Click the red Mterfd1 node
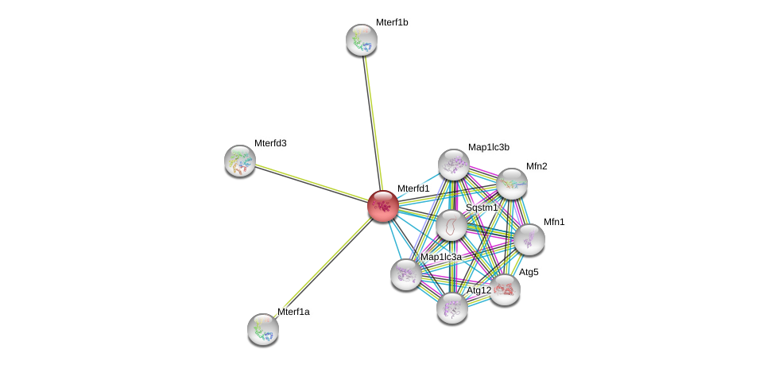[382, 206]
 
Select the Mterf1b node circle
[362, 40]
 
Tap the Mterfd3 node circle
[239, 161]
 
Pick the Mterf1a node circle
[262, 328]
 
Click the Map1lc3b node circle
[454, 165]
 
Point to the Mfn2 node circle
[512, 184]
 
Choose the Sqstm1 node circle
[451, 225]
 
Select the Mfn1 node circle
[529, 239]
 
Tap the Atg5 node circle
[505, 289]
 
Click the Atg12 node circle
[451, 308]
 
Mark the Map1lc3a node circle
[406, 274]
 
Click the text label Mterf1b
[392, 22]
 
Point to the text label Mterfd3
[270, 143]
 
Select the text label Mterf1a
[293, 312]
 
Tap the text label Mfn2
[537, 166]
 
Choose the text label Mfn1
[554, 222]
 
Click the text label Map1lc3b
[488, 147]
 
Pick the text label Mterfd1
[413, 188]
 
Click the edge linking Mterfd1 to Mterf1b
[372, 119]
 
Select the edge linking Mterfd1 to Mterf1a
[322, 268]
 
